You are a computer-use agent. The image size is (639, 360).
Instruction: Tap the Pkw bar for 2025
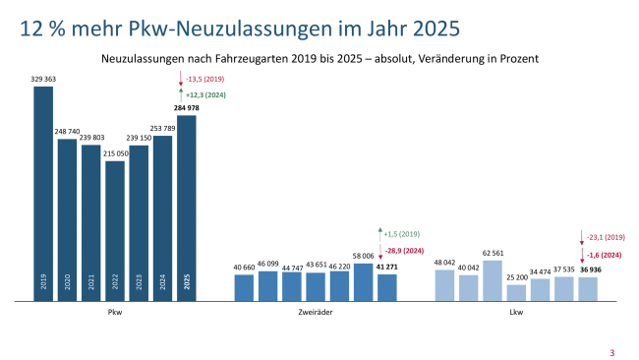point(187,208)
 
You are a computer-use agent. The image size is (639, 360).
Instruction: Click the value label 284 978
point(187,108)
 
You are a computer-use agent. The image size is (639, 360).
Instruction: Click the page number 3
point(611,352)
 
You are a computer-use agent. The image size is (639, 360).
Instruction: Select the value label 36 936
point(588,270)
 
